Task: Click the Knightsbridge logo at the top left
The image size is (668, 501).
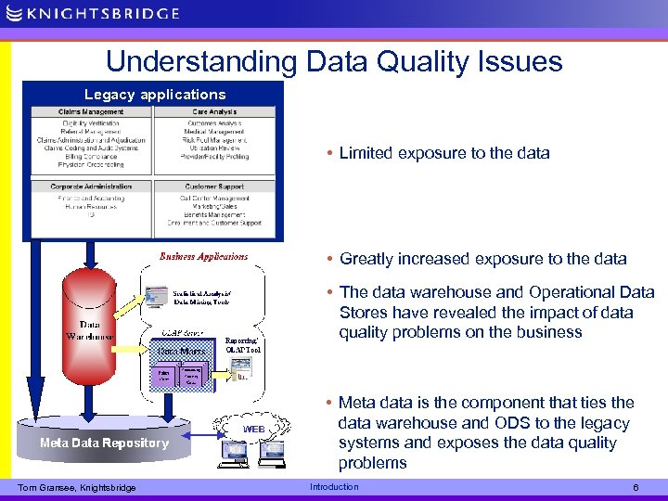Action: (x=93, y=13)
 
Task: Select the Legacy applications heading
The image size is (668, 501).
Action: (x=155, y=95)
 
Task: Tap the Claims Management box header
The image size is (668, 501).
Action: (x=92, y=112)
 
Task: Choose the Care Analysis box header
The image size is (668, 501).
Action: (x=214, y=112)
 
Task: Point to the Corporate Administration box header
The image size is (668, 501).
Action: (x=92, y=186)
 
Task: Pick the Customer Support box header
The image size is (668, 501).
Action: (x=214, y=186)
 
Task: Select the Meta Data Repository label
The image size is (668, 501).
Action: (x=104, y=443)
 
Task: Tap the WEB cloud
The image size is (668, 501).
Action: (x=254, y=429)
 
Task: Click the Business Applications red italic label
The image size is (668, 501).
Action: (x=204, y=256)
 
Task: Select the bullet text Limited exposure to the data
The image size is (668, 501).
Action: (x=443, y=153)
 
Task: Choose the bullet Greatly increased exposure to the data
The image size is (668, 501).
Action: (x=482, y=259)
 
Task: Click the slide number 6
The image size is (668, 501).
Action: (x=635, y=487)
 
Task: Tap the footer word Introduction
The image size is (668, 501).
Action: (x=334, y=487)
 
